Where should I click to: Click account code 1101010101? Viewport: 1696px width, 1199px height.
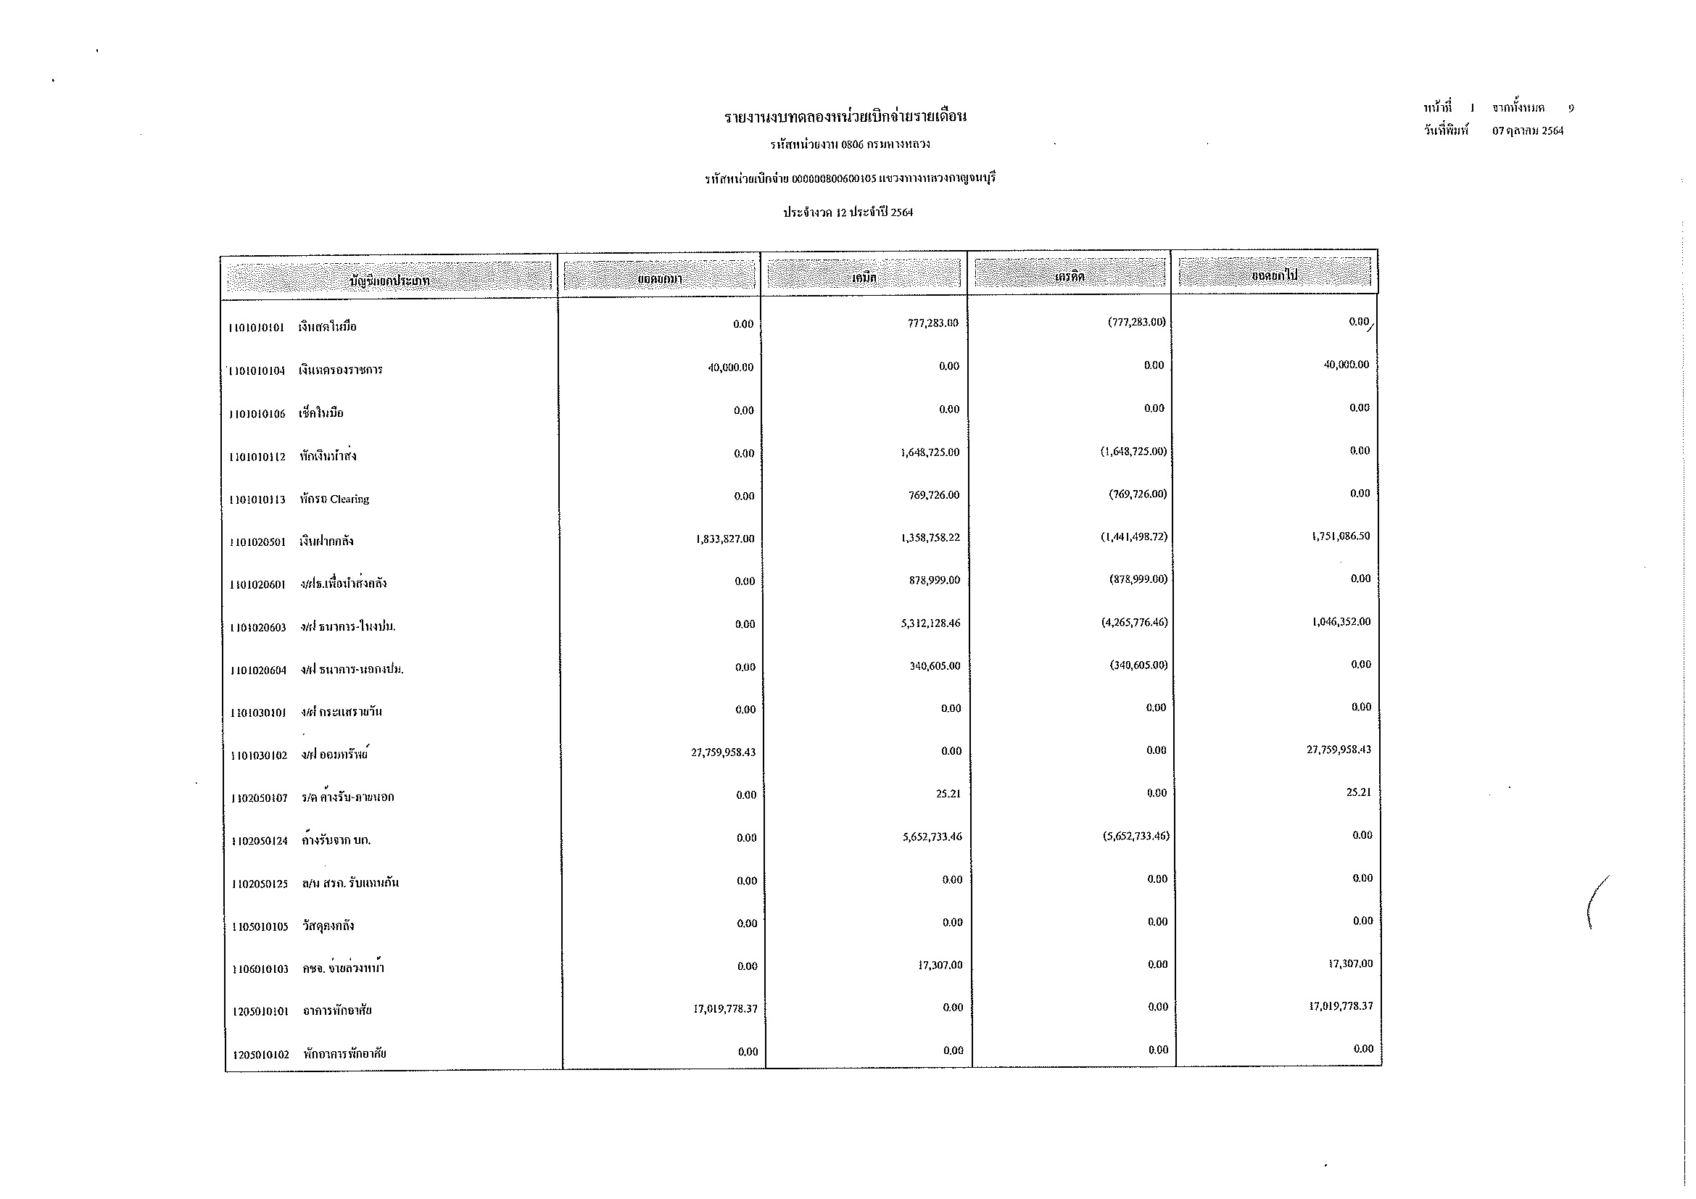coord(256,328)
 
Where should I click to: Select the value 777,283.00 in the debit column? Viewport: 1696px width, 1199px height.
coord(933,323)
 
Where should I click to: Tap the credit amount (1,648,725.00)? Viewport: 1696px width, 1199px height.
coord(1133,451)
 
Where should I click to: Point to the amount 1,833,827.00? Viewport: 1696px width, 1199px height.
coord(724,539)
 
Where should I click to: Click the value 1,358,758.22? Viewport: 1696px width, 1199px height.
coord(931,537)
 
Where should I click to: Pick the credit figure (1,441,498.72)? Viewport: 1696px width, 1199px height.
coord(1134,536)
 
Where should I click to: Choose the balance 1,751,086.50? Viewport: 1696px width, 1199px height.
coord(1340,536)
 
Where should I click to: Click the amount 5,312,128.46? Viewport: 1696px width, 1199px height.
coord(931,623)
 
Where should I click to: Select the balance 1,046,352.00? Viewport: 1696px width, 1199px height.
coord(1341,622)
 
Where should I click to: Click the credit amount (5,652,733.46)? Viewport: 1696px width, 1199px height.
coord(1136,837)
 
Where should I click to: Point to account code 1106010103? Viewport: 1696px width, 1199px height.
coord(260,968)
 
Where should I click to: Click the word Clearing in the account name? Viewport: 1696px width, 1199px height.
coord(349,499)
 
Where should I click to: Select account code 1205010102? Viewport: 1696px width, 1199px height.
coord(261,1054)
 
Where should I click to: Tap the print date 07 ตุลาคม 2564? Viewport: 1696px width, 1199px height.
coord(1528,131)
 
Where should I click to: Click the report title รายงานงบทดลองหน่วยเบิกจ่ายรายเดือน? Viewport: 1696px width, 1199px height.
coord(845,117)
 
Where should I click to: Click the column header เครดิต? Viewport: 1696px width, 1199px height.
coord(1070,277)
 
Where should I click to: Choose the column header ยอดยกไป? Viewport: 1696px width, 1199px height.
coord(1274,275)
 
